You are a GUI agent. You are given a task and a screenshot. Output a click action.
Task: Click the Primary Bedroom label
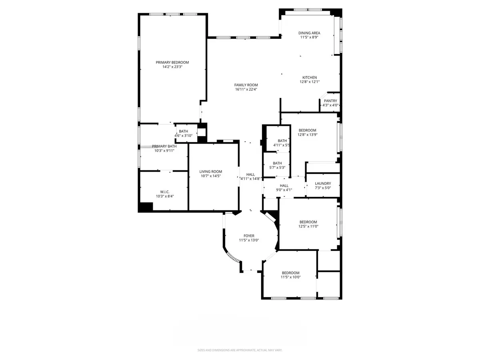click(172, 62)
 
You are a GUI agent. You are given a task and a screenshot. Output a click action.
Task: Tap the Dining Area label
click(310, 33)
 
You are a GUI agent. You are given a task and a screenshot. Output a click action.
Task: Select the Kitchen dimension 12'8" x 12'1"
click(310, 82)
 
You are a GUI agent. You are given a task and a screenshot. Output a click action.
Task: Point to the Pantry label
click(330, 101)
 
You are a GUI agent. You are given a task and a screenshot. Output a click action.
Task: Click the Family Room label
click(246, 85)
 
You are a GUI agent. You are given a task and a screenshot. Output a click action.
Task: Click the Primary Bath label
click(164, 146)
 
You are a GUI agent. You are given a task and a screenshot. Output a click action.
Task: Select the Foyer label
click(249, 236)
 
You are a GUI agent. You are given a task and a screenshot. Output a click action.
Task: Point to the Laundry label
click(323, 183)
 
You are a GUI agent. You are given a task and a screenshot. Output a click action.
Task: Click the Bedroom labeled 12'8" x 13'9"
click(307, 130)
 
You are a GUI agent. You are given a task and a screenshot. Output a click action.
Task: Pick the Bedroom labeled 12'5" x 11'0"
click(308, 222)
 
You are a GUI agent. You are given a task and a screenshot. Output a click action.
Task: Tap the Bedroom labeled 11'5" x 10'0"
click(290, 273)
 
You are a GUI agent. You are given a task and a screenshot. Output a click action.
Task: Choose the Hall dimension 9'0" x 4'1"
click(284, 190)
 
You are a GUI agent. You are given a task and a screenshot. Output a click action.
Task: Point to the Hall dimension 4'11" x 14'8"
click(250, 179)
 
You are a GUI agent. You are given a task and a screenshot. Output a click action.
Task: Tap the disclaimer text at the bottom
click(240, 350)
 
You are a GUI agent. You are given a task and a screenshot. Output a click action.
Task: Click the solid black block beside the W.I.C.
click(146, 207)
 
